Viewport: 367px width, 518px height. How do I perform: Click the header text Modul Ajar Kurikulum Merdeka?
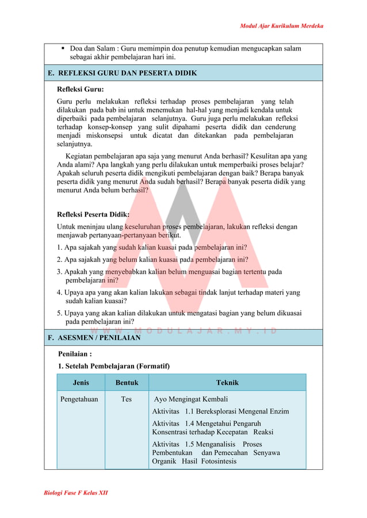[281, 26]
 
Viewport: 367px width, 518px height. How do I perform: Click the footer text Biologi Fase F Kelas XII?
[76, 493]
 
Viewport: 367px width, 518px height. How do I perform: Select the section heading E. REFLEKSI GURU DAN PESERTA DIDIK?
[123, 73]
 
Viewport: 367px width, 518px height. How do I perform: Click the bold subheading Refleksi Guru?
[80, 89]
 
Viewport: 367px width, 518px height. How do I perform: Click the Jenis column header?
[81, 382]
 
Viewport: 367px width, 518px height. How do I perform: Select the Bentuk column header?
[127, 382]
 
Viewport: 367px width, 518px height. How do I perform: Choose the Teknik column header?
[227, 382]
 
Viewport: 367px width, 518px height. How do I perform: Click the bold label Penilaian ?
[75, 354]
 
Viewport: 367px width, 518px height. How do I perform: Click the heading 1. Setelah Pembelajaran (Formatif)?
[113, 366]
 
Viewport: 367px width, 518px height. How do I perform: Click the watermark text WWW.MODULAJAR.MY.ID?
[183, 331]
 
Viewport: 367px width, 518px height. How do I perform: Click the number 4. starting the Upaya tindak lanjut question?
[59, 292]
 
